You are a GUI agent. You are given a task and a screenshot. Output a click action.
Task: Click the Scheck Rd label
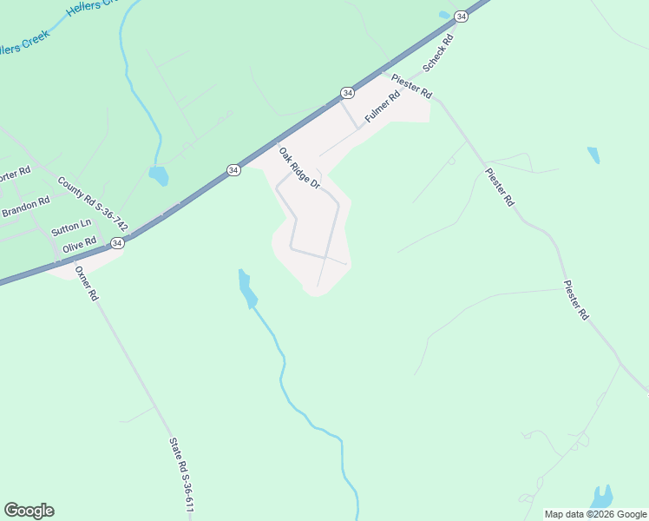(438, 54)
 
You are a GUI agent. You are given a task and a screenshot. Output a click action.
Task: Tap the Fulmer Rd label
(381, 107)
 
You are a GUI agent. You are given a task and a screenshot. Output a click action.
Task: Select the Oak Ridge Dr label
(299, 168)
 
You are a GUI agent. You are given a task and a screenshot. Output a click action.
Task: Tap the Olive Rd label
(78, 247)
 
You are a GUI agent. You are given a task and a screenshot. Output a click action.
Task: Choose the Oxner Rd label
(87, 283)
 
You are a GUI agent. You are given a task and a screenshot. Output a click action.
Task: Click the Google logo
(29, 511)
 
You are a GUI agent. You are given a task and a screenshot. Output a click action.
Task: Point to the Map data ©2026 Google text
(594, 514)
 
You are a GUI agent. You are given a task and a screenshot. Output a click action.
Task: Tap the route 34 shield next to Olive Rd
(117, 243)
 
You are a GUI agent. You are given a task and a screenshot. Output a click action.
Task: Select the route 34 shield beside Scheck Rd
(462, 16)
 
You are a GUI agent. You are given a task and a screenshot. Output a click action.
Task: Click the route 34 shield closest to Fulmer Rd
(347, 92)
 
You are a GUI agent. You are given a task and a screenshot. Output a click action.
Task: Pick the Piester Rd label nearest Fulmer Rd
(411, 85)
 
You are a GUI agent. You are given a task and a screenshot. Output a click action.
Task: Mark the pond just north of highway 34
(158, 176)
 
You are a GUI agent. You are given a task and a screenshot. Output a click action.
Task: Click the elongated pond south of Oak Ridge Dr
(247, 289)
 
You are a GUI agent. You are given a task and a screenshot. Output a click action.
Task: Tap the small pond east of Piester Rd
(593, 155)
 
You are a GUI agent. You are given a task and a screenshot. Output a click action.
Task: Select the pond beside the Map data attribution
(602, 497)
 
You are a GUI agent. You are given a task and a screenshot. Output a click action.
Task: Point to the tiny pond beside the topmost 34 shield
(444, 15)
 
